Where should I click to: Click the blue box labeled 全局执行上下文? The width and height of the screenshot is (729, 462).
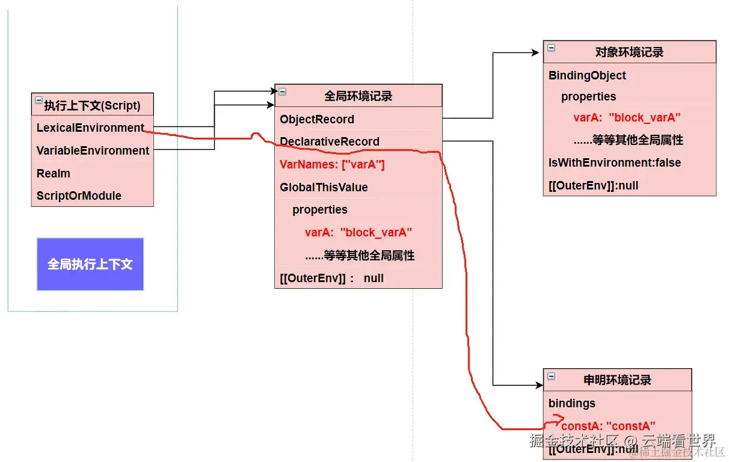[90, 264]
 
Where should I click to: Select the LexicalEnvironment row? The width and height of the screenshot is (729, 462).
[90, 128]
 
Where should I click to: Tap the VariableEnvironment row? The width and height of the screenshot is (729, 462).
[93, 150]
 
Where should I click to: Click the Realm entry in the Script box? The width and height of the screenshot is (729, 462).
[54, 173]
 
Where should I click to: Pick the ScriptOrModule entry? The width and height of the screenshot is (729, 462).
[79, 196]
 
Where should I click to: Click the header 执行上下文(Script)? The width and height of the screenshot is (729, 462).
[92, 105]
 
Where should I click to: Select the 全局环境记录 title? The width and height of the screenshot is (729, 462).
[358, 96]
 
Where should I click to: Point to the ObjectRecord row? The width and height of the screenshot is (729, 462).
[317, 119]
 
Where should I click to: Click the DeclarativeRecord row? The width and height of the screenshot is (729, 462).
[330, 141]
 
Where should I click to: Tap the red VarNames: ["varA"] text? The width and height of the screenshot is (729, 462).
[332, 164]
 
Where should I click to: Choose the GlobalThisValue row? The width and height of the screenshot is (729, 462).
[324, 187]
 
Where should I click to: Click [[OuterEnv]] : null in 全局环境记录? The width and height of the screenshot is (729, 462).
[331, 278]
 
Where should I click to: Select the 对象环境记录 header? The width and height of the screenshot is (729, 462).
[629, 52]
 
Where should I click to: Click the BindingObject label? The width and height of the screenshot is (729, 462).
[587, 75]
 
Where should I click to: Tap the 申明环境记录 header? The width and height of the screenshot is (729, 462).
[617, 380]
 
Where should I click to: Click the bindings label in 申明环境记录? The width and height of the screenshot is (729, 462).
[571, 403]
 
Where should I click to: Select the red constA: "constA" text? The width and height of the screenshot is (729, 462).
[608, 426]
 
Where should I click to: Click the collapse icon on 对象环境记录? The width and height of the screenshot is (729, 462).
[551, 48]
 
